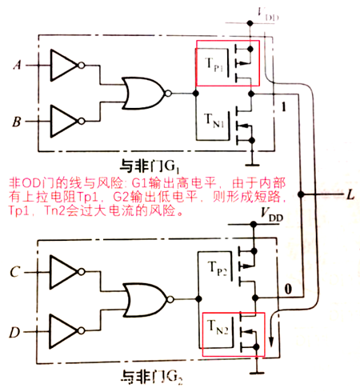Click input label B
click(17, 122)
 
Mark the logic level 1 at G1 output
click(282, 106)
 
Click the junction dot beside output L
click(302, 195)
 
